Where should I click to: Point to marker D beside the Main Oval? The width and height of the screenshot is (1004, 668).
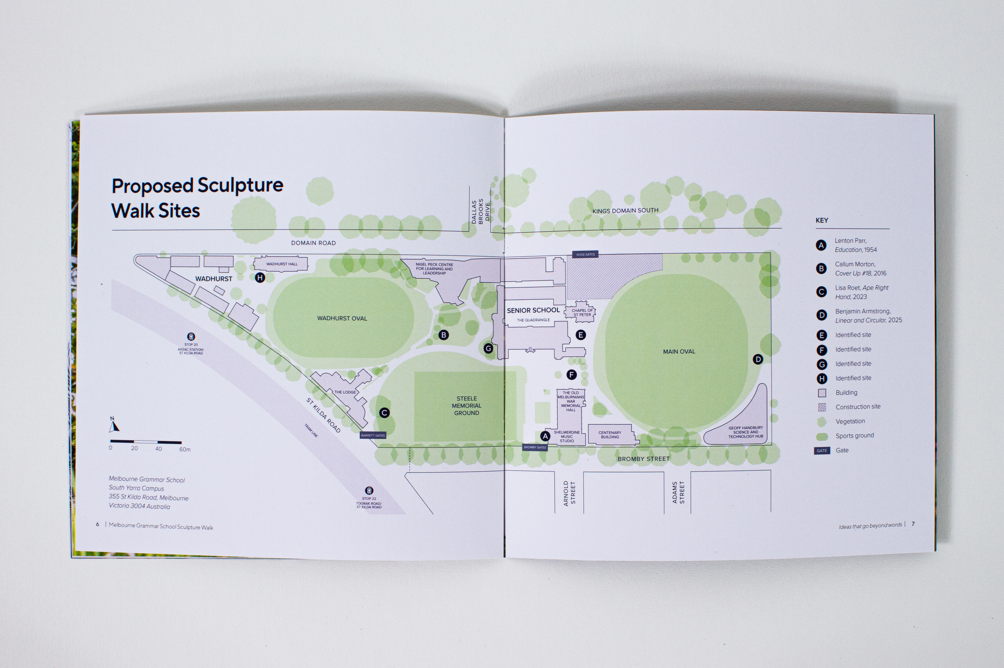click(758, 359)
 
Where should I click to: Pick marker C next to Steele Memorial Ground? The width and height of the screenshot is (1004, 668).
click(384, 412)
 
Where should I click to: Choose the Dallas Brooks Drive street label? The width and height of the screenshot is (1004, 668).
click(480, 210)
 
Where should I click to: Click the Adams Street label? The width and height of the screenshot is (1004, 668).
click(678, 493)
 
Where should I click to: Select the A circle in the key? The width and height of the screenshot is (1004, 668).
click(821, 245)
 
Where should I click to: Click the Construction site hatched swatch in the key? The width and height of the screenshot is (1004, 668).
click(822, 407)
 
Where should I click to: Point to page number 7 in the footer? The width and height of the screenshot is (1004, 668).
click(913, 524)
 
